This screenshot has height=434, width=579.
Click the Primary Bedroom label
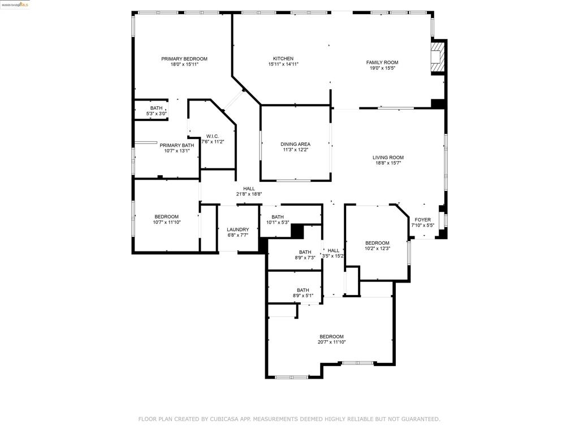coord(184,59)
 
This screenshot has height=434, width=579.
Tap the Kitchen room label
coord(283,58)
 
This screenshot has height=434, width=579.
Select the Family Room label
coord(382,62)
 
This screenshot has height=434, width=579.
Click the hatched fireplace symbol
coord(438,57)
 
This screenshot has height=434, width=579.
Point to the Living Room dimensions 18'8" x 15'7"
coord(388,163)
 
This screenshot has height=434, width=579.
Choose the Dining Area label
coord(295,144)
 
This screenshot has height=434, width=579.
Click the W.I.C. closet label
coord(213,136)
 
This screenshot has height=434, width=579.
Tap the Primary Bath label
coord(177,145)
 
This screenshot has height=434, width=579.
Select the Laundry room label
coord(238,229)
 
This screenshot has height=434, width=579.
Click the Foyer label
coord(422,220)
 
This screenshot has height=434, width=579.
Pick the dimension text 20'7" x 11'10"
coord(331,342)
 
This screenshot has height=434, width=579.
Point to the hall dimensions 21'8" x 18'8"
coord(249,194)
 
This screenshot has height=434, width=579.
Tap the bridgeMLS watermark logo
coord(15,5)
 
